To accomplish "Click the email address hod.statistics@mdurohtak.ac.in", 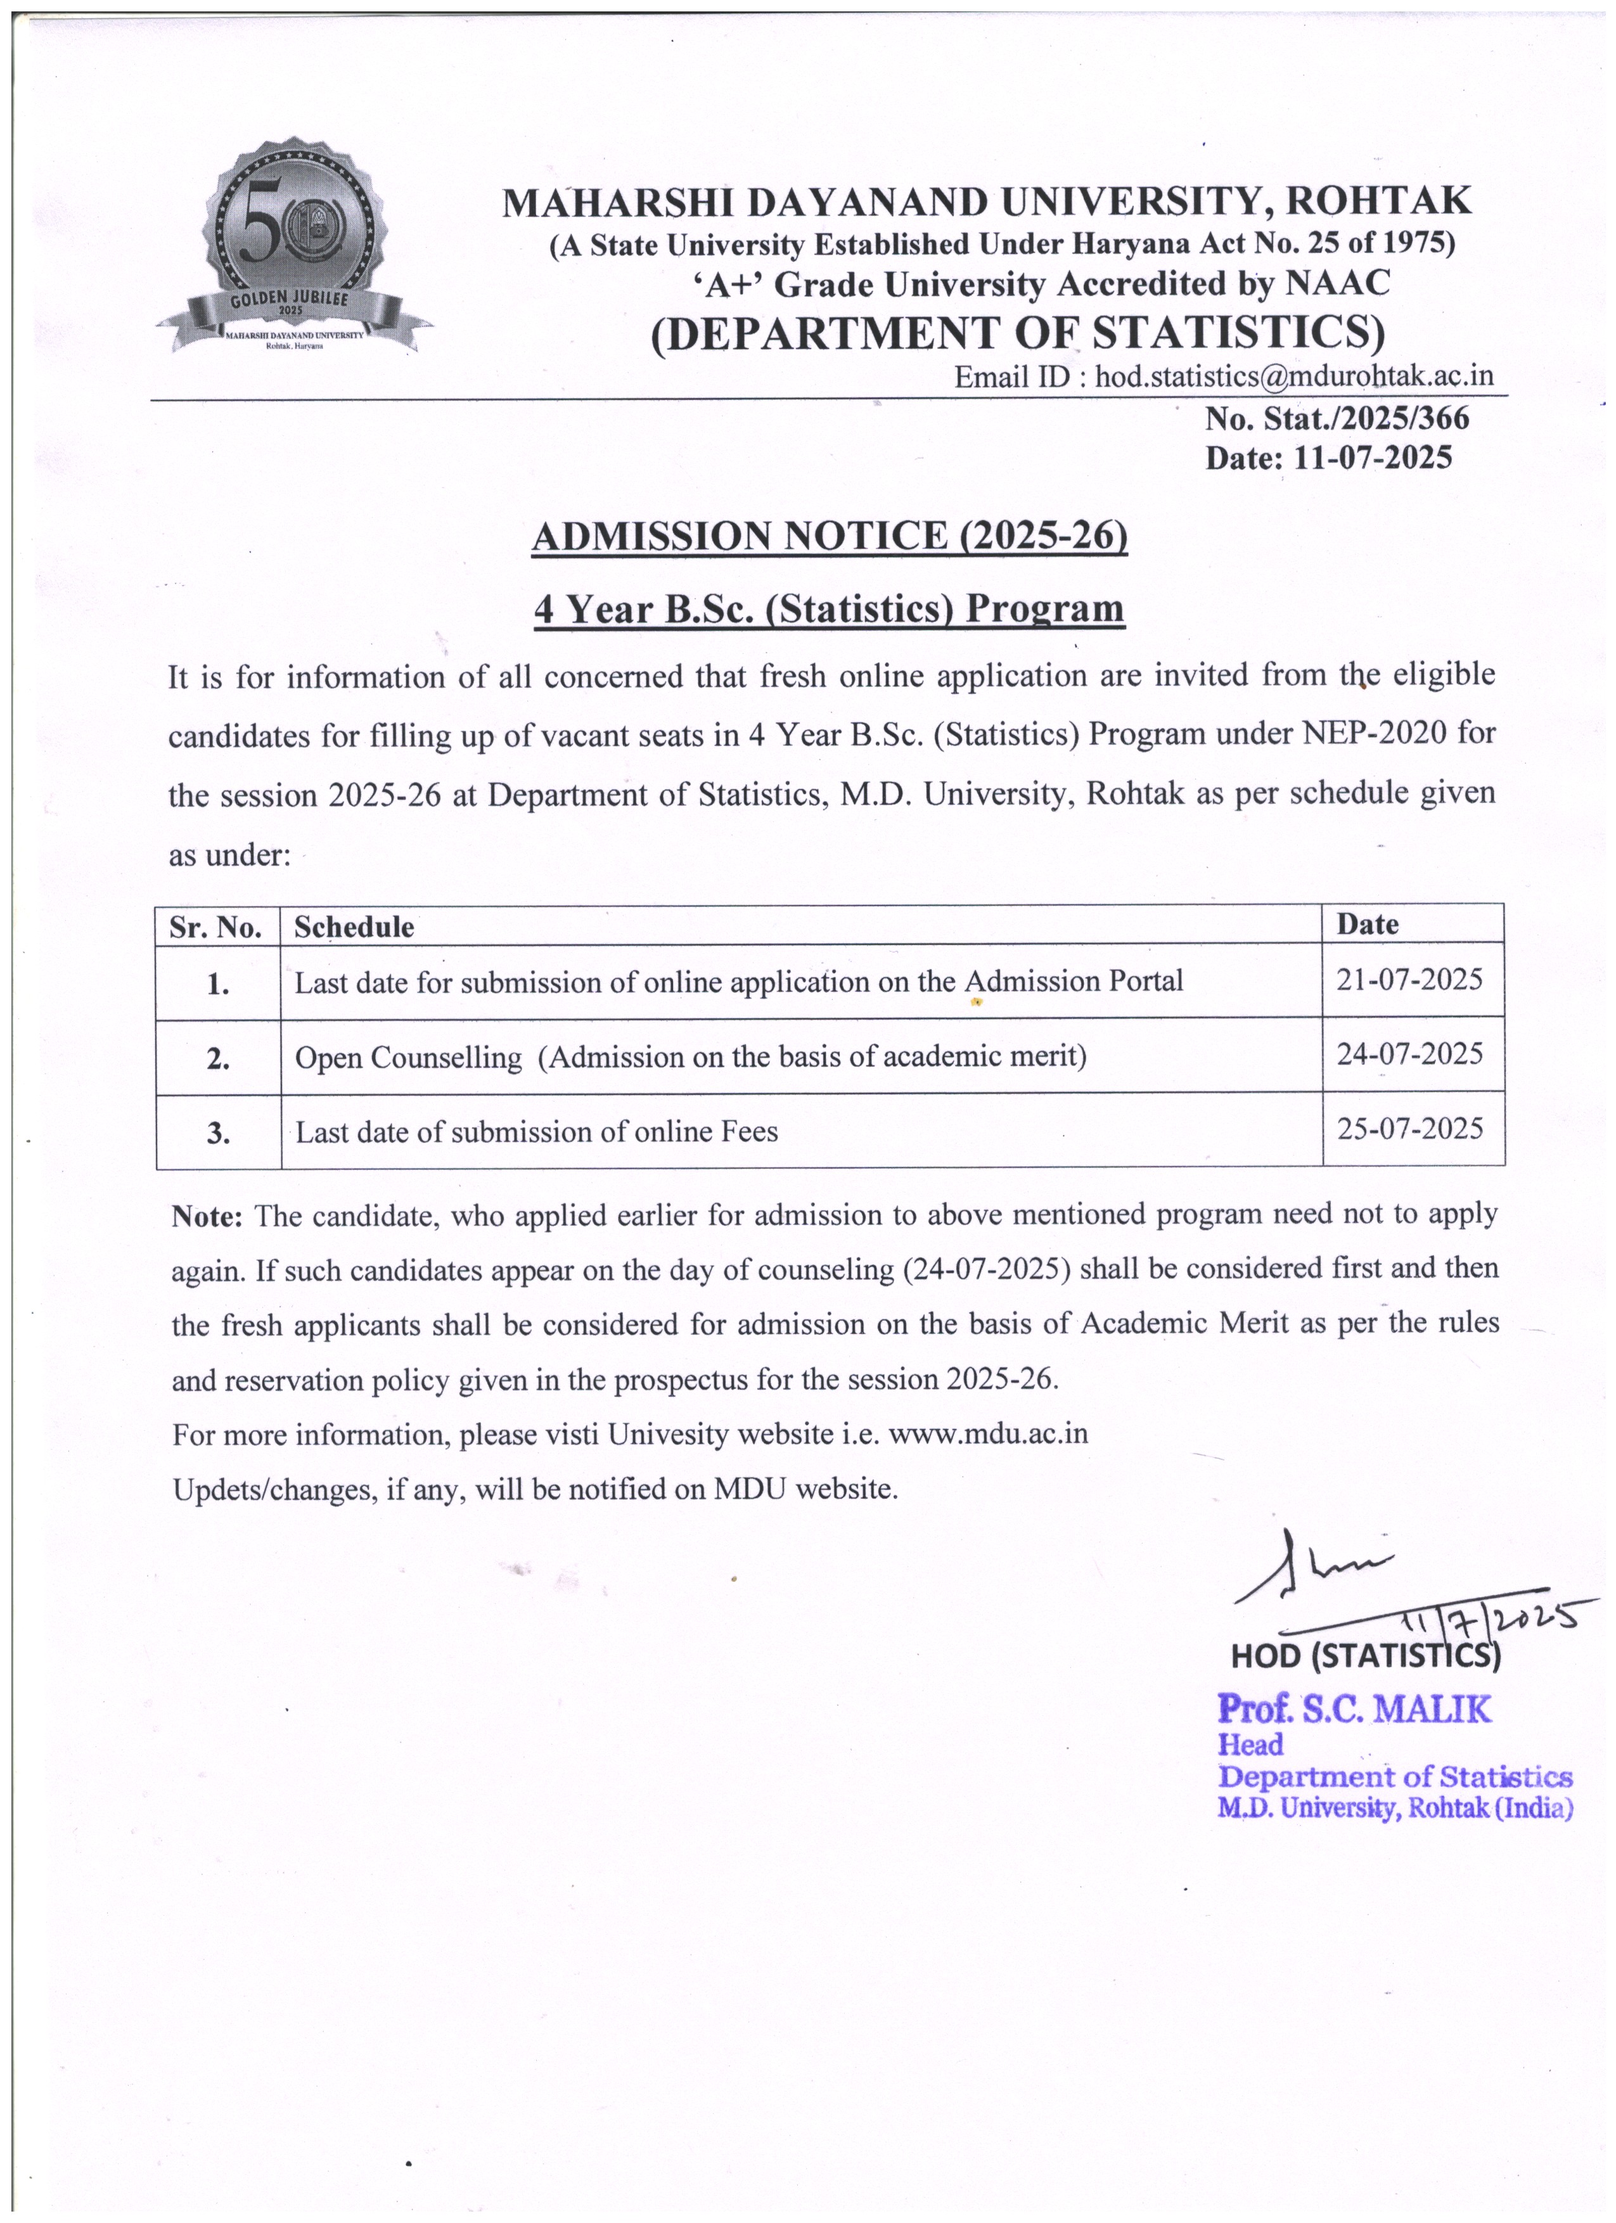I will pyautogui.click(x=1293, y=376).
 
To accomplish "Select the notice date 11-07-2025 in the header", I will pyautogui.click(x=1372, y=458).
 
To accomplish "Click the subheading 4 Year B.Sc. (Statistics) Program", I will pyautogui.click(x=829, y=609).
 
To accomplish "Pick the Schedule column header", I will pyautogui.click(x=354, y=926).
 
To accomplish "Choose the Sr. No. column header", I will pyautogui.click(x=215, y=926).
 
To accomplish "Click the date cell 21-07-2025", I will pyautogui.click(x=1409, y=979).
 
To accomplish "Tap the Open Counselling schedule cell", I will pyautogui.click(x=691, y=1056).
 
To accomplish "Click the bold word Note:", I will pyautogui.click(x=207, y=1217).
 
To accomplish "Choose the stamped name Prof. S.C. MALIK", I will pyautogui.click(x=1354, y=1708).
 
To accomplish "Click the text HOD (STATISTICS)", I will pyautogui.click(x=1365, y=1655).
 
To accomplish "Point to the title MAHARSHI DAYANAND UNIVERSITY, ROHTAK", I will pyautogui.click(x=986, y=201).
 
